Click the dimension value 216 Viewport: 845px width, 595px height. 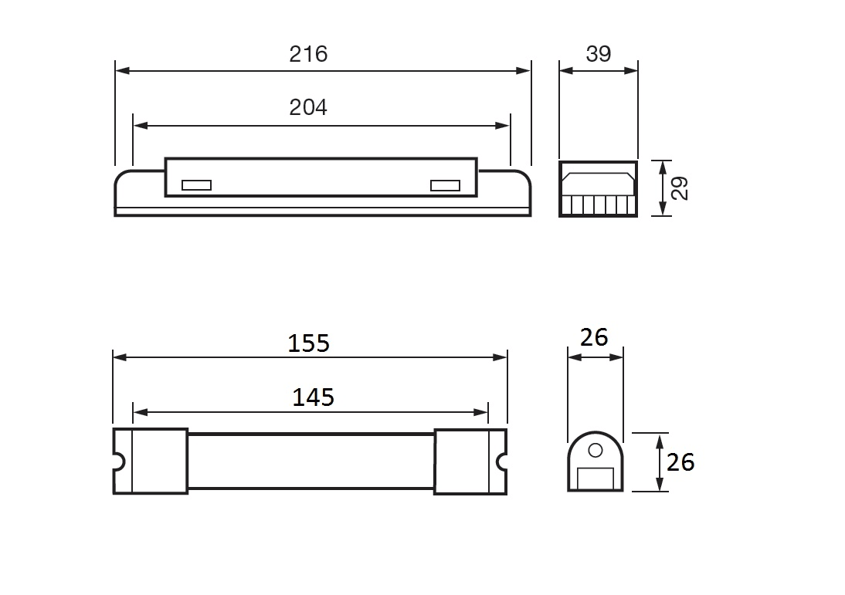308,54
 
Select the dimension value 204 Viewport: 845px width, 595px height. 308,107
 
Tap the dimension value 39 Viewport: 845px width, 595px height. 598,54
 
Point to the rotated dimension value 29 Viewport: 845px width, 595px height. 680,188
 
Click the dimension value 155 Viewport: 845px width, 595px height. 308,343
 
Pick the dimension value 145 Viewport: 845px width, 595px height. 313,397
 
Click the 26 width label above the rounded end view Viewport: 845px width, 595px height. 594,337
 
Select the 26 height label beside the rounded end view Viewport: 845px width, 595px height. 680,462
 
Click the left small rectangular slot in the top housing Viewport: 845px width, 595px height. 196,185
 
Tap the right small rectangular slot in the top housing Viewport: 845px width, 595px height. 445,185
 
